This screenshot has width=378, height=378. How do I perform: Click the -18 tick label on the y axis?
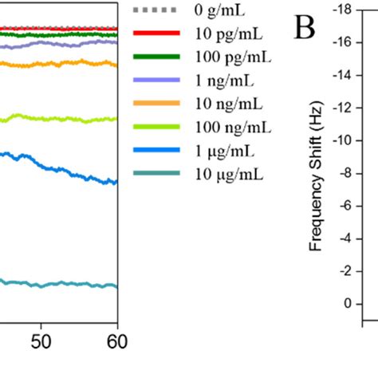coord(341,10)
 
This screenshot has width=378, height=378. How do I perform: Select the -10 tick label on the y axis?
coord(341,140)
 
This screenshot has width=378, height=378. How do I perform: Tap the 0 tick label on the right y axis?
coord(346,303)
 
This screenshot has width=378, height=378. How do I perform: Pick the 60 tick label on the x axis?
coord(116,341)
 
